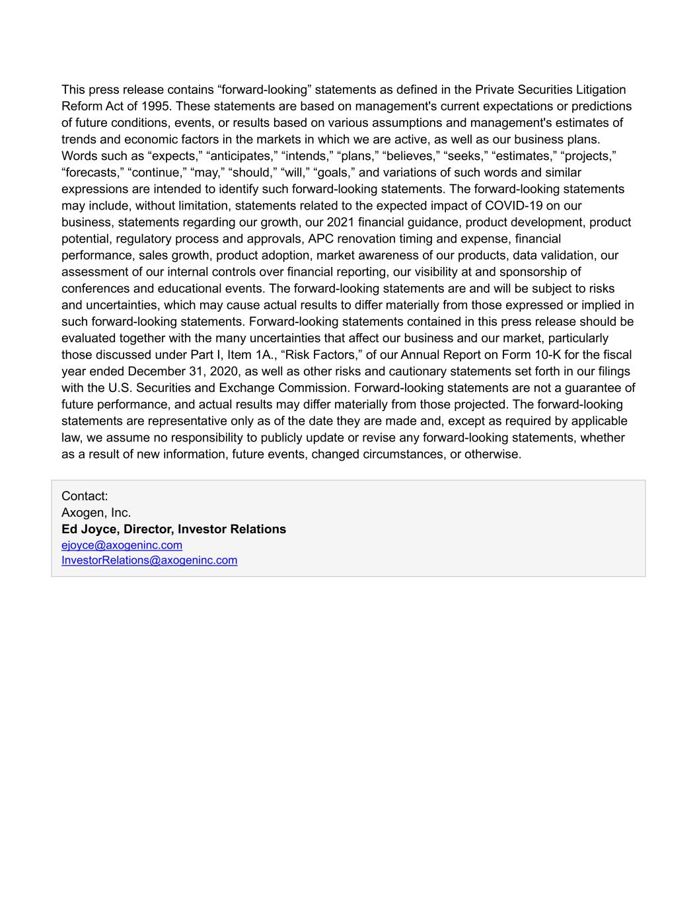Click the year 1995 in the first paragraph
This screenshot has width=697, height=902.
tap(160, 106)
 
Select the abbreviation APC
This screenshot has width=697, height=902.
tap(321, 239)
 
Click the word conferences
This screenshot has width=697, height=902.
tap(92, 288)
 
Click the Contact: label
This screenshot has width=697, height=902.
tap(85, 496)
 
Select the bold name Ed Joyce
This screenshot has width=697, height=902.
tap(89, 529)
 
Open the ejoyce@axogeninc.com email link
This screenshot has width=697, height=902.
tap(122, 545)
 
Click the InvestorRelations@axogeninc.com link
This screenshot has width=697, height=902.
tap(149, 560)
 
